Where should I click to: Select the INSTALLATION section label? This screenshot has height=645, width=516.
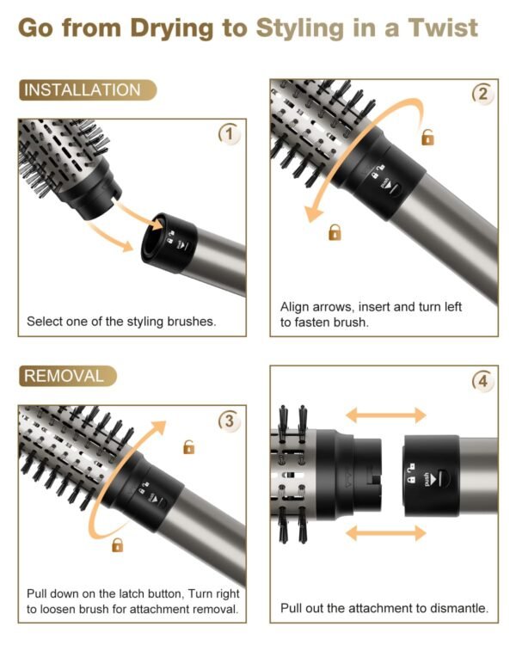coord(82,90)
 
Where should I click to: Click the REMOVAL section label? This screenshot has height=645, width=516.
coord(64,376)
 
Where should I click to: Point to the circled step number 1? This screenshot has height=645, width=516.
coord(228,134)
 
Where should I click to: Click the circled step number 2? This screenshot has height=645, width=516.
coord(482,95)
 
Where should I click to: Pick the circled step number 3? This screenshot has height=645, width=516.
coord(228,421)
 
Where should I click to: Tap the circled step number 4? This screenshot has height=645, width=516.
coord(482,379)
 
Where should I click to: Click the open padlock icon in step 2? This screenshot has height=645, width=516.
coord(427,137)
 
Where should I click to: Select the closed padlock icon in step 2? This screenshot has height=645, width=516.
coord(335,231)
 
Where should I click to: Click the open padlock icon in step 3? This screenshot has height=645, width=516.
coord(188,446)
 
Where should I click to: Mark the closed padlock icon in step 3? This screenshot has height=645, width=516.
coord(118,544)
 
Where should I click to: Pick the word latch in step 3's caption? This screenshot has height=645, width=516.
coord(136,593)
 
